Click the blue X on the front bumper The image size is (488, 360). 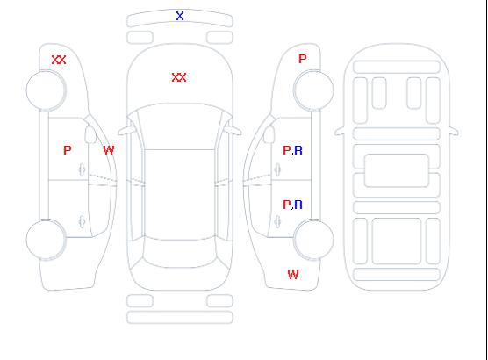(180, 16)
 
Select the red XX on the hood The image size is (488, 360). (179, 77)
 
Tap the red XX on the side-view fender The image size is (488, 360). (59, 60)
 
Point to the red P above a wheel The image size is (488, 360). (302, 59)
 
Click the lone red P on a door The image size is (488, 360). (68, 150)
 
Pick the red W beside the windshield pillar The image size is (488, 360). (109, 150)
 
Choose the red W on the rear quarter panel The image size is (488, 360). (293, 275)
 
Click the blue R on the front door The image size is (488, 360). (298, 150)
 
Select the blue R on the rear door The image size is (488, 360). (298, 205)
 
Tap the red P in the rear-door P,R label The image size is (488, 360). (286, 205)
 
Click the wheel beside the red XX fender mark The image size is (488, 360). (46, 90)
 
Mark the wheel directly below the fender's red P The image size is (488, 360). (313, 90)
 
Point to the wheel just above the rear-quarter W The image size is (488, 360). (313, 239)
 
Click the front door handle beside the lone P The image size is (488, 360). (82, 169)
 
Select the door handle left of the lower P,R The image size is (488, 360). (277, 221)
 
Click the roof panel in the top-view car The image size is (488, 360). (180, 195)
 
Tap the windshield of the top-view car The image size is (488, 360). (180, 126)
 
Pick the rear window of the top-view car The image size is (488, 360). (180, 253)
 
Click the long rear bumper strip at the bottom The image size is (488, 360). (180, 317)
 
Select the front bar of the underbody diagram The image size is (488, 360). (397, 67)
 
